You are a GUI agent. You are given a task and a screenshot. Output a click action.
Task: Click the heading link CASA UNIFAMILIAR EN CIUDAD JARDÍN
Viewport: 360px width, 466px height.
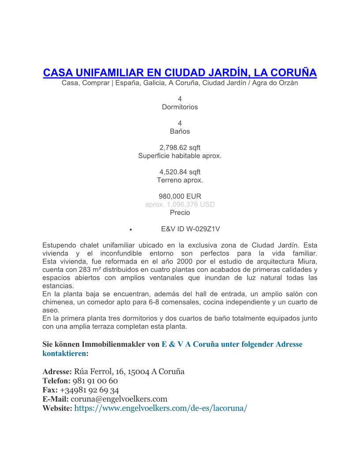[x=180, y=72]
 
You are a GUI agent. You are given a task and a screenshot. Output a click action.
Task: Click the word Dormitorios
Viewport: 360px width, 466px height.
[x=180, y=107]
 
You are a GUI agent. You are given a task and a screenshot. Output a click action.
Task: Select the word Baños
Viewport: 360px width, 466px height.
[x=180, y=131]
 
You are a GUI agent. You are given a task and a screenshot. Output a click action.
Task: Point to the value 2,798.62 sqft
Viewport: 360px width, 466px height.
[x=180, y=147]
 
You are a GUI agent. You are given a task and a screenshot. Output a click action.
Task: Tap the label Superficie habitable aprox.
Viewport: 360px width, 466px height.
[x=180, y=156]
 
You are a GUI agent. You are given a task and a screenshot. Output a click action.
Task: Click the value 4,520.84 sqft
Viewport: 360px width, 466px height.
[x=180, y=172]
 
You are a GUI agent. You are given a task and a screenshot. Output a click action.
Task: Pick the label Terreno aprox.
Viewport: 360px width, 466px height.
[x=180, y=180]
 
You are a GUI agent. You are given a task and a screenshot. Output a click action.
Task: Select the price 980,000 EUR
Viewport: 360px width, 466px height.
[x=180, y=196]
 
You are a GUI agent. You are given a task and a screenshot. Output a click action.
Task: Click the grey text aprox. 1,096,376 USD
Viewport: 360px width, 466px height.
[x=180, y=204]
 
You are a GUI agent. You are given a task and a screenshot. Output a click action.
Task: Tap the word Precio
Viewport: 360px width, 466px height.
[x=180, y=212]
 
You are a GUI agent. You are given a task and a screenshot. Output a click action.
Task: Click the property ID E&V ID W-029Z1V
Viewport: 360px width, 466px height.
[x=190, y=229]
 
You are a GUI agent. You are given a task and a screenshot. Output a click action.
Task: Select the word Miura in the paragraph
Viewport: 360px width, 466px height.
[x=306, y=261]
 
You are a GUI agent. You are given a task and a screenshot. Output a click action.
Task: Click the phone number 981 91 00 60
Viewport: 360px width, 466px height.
[x=95, y=380]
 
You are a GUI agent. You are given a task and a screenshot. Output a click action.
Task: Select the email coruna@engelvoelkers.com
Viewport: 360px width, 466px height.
[x=119, y=399]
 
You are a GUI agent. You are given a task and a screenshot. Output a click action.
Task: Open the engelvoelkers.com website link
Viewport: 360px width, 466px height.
[x=161, y=408]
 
